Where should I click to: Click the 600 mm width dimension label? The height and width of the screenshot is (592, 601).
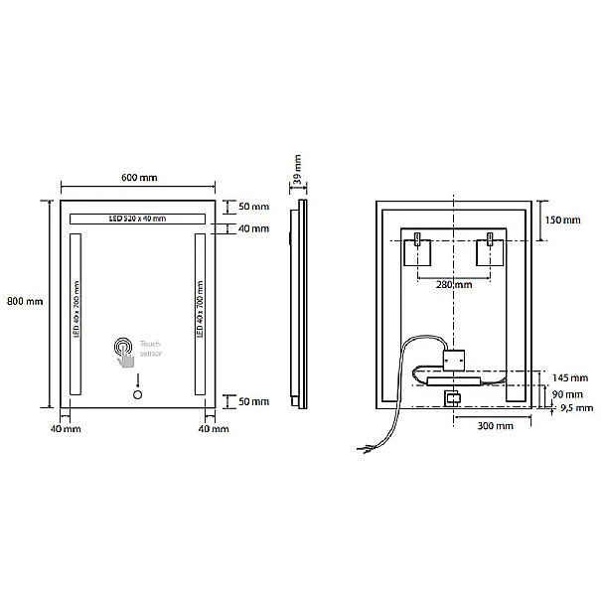pyautogui.click(x=139, y=178)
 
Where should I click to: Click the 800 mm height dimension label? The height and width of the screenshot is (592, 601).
pyautogui.click(x=25, y=301)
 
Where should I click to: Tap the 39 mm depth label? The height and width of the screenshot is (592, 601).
pyautogui.click(x=297, y=169)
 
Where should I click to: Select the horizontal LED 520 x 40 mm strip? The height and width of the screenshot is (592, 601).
pyautogui.click(x=138, y=219)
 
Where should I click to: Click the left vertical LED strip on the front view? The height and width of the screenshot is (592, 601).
pyautogui.click(x=75, y=314)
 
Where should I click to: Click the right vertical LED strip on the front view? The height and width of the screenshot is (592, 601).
pyautogui.click(x=200, y=314)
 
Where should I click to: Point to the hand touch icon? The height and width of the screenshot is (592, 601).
pyautogui.click(x=124, y=353)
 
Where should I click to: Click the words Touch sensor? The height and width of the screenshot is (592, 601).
pyautogui.click(x=151, y=349)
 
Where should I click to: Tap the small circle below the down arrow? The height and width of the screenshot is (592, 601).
pyautogui.click(x=138, y=394)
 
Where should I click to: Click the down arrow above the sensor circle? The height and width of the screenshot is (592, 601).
pyautogui.click(x=138, y=380)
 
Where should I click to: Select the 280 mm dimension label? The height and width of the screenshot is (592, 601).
pyautogui.click(x=454, y=285)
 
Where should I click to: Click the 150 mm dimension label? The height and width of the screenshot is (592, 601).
pyautogui.click(x=562, y=220)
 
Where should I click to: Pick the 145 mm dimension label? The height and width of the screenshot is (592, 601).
pyautogui.click(x=570, y=378)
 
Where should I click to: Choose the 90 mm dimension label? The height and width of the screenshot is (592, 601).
pyautogui.click(x=567, y=394)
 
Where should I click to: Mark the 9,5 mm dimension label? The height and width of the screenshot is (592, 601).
pyautogui.click(x=577, y=408)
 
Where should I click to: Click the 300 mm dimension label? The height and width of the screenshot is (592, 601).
pyautogui.click(x=496, y=426)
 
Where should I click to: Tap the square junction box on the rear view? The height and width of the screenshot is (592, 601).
pyautogui.click(x=454, y=361)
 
